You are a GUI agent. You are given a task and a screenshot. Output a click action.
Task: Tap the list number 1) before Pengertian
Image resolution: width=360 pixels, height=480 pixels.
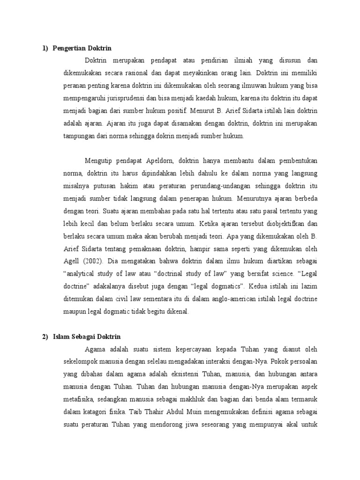click(45, 48)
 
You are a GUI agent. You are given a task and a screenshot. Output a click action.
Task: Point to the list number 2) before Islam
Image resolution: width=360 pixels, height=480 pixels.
click(45, 337)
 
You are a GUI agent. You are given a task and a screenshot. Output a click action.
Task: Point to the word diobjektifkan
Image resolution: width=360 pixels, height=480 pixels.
click(279, 223)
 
